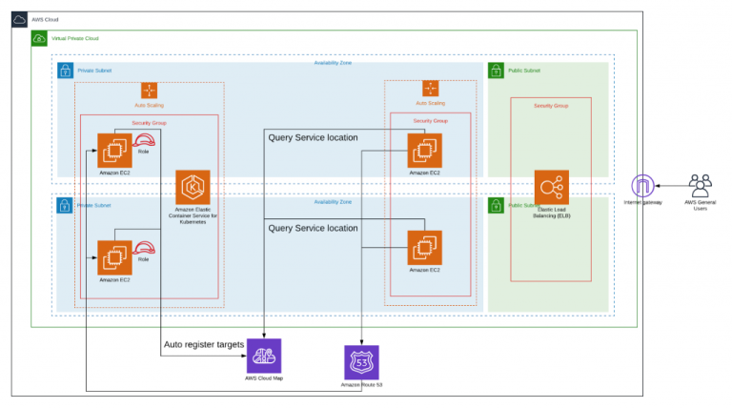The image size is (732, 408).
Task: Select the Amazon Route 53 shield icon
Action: [x=361, y=362]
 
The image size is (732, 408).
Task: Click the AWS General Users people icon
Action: [x=701, y=184]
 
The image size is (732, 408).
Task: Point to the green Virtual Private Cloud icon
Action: [x=39, y=38]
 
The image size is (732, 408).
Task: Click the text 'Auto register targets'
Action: [x=204, y=343]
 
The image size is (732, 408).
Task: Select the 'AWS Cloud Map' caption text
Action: [x=264, y=378]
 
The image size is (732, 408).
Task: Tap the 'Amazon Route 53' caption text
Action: [x=361, y=385]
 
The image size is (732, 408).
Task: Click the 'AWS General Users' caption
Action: [x=701, y=205]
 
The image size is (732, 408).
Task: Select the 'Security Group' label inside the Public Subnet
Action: [x=551, y=105]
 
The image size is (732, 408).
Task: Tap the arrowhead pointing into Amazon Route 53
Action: [x=361, y=341]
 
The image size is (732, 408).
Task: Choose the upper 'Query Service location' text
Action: [x=313, y=137]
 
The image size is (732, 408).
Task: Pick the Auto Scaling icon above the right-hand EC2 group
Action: [x=430, y=90]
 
